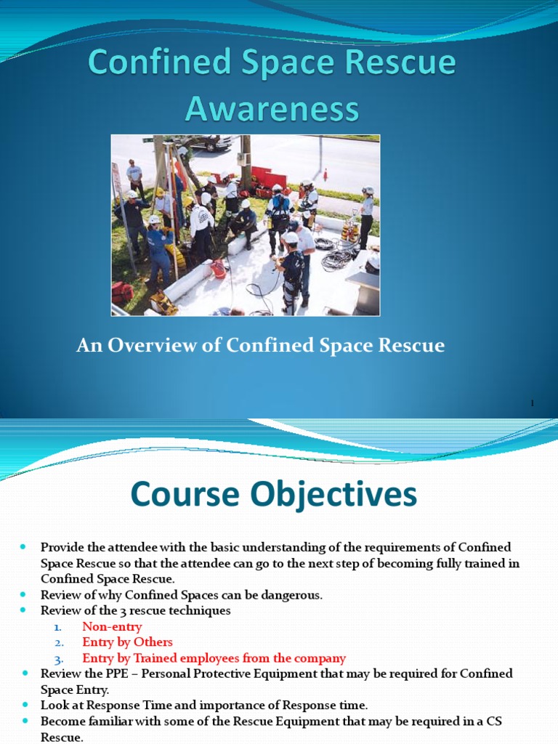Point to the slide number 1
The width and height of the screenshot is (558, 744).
tap(532, 403)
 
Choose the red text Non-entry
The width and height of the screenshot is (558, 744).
tap(112, 626)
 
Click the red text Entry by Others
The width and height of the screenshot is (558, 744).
tap(127, 642)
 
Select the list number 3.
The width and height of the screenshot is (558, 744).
tap(59, 659)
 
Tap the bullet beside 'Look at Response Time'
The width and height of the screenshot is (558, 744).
tap(23, 705)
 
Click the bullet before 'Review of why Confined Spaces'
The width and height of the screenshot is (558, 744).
tap(23, 594)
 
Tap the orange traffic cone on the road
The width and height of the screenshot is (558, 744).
tap(325, 175)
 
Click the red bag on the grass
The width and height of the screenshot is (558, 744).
tap(121, 292)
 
